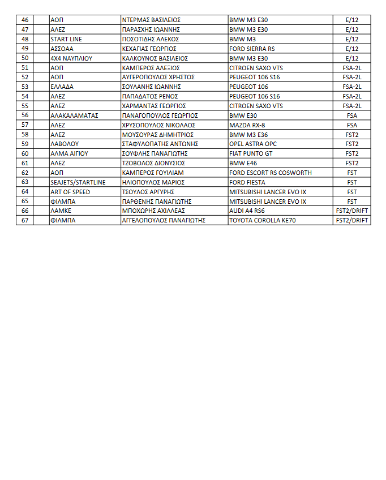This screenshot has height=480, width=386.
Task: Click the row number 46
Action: tap(25, 20)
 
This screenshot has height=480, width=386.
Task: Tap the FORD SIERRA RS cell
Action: tap(252, 49)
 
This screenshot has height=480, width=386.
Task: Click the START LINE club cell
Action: tap(66, 39)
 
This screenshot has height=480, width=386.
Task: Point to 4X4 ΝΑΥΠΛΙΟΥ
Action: tap(71, 58)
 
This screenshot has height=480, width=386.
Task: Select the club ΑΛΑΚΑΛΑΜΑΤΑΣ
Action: tap(75, 115)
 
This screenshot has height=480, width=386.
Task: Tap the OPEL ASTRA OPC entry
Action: tap(252, 144)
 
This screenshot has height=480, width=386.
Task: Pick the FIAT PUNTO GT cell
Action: tap(251, 153)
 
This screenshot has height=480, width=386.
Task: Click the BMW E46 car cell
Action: tap(243, 163)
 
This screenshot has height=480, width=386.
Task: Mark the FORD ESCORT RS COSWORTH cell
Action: tap(270, 173)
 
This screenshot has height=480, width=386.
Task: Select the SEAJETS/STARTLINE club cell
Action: tap(78, 182)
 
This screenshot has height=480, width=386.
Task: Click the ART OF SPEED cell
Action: tap(70, 192)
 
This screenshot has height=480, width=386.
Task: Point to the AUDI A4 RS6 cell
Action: tap(248, 211)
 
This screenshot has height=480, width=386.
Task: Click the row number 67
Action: tap(25, 220)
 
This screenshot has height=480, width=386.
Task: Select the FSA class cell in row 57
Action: tap(351, 125)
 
